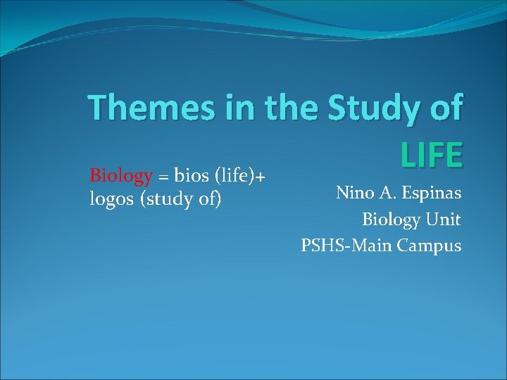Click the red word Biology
pyautogui.click(x=121, y=175)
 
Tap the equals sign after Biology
pyautogui.click(x=163, y=175)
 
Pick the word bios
pyautogui.click(x=190, y=175)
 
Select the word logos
pyautogui.click(x=113, y=200)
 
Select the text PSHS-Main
pyautogui.click(x=346, y=246)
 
